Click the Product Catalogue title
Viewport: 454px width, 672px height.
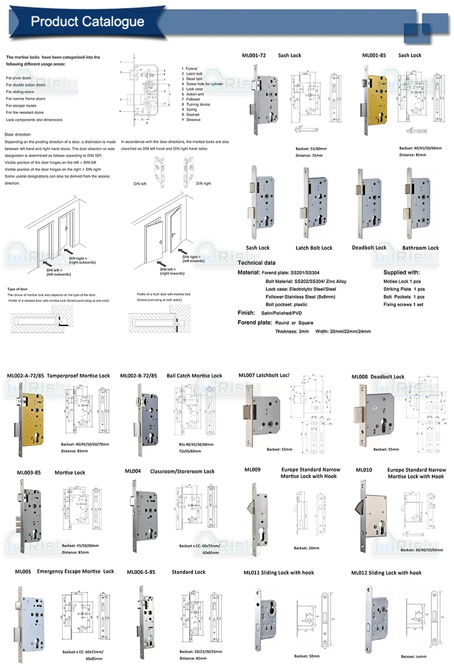click(88, 22)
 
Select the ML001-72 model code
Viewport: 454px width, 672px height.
click(254, 55)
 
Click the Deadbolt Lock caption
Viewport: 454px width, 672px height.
click(369, 248)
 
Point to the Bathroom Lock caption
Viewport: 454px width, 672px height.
click(420, 248)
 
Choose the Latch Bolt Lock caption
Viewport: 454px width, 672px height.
click(314, 248)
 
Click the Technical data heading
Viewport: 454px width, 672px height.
click(256, 263)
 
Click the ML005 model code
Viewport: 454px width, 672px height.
click(23, 571)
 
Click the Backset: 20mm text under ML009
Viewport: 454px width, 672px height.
click(306, 548)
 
